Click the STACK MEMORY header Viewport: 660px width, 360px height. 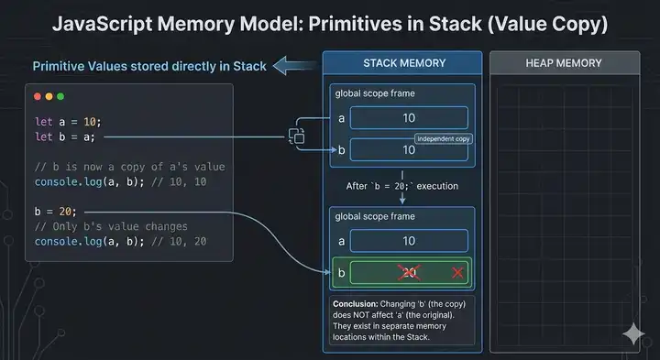pos(404,63)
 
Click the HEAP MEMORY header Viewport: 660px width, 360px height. pos(564,63)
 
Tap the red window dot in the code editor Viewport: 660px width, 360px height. pos(38,96)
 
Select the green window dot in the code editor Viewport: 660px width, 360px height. pos(60,96)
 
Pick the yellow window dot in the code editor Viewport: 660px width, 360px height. pos(49,96)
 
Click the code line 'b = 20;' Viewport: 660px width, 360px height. pos(54,212)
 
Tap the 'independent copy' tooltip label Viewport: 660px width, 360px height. pos(444,138)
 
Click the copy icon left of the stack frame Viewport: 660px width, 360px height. pos(297,136)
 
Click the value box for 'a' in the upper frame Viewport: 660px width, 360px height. pos(409,117)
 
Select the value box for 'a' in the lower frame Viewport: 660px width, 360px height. pos(409,240)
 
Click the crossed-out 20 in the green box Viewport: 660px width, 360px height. pos(409,273)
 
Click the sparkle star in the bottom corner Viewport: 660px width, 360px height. pos(632,334)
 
